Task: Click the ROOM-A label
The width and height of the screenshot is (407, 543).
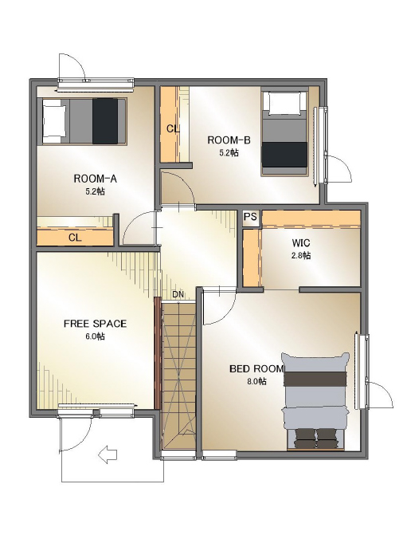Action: click(95, 179)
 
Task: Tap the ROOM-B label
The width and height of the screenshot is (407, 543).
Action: click(229, 140)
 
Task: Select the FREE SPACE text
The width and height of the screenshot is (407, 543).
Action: click(95, 324)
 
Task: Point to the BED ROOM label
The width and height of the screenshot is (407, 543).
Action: click(256, 369)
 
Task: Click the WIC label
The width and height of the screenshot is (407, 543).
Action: click(301, 242)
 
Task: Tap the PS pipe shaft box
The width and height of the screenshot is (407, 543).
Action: click(250, 217)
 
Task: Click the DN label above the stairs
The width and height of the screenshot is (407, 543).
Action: click(178, 295)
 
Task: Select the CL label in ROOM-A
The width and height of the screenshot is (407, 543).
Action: click(75, 238)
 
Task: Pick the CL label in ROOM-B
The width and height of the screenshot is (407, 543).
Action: click(173, 129)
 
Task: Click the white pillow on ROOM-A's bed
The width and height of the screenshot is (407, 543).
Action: click(55, 121)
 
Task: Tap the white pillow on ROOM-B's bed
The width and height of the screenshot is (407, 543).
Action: click(284, 103)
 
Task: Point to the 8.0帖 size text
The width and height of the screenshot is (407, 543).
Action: click(256, 381)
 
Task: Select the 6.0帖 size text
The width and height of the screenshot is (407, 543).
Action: click(96, 336)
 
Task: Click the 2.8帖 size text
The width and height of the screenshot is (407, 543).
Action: click(301, 256)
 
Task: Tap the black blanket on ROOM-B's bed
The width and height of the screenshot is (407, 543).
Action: click(284, 155)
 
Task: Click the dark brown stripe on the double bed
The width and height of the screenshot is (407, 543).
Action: click(315, 379)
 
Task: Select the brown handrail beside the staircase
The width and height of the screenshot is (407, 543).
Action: click(158, 353)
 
